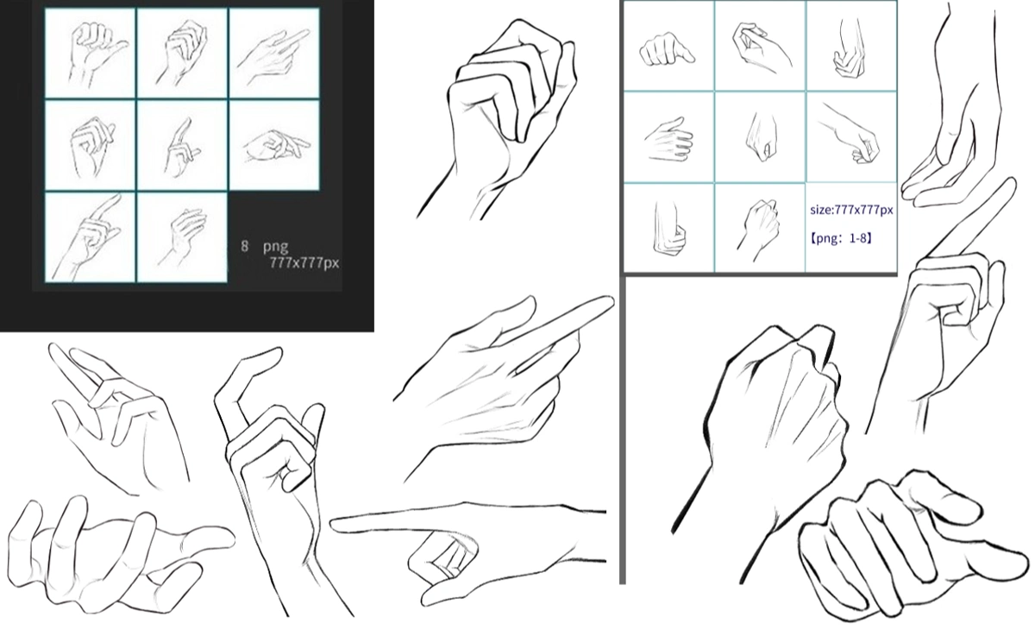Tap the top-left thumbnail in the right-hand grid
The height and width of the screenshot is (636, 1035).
click(x=668, y=46)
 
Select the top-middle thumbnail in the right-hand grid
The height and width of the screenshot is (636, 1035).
click(x=760, y=46)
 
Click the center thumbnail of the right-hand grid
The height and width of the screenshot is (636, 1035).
click(x=760, y=137)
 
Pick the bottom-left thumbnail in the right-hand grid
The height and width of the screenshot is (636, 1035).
click(x=668, y=228)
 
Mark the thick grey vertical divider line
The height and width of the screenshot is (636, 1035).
click(x=622, y=431)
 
